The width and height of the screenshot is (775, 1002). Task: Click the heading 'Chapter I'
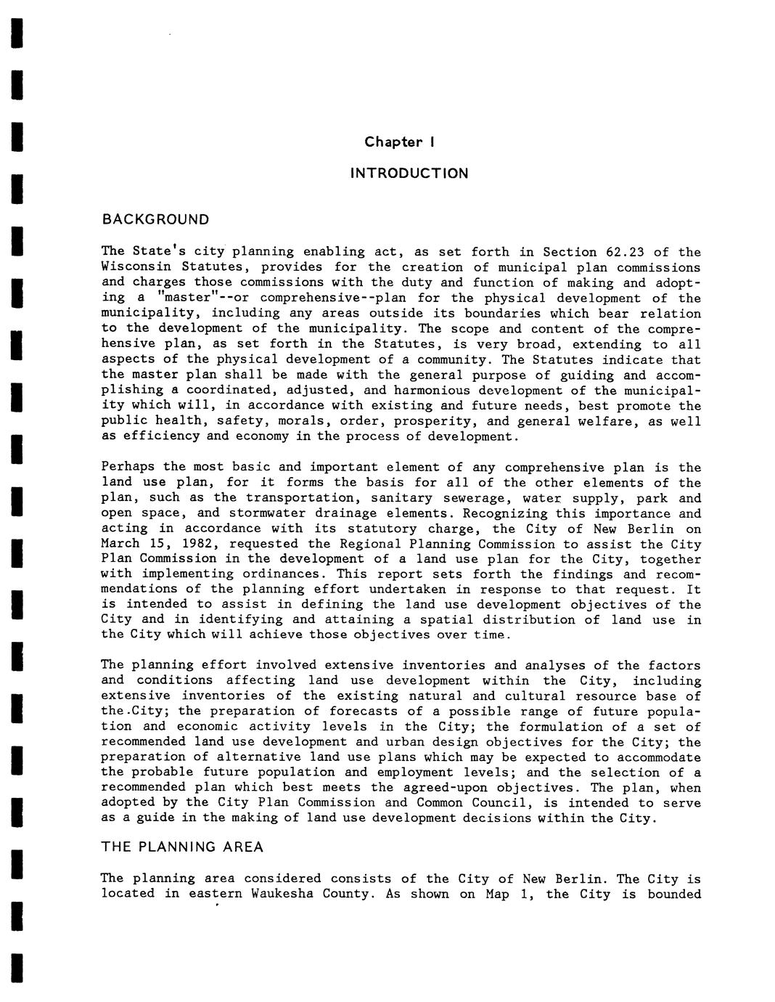tap(399, 142)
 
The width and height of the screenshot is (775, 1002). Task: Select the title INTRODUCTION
tap(409, 174)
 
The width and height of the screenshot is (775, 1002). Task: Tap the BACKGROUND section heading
tap(155, 219)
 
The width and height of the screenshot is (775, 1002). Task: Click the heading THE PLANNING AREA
tap(182, 847)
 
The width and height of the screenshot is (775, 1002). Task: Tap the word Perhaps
tap(128, 468)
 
